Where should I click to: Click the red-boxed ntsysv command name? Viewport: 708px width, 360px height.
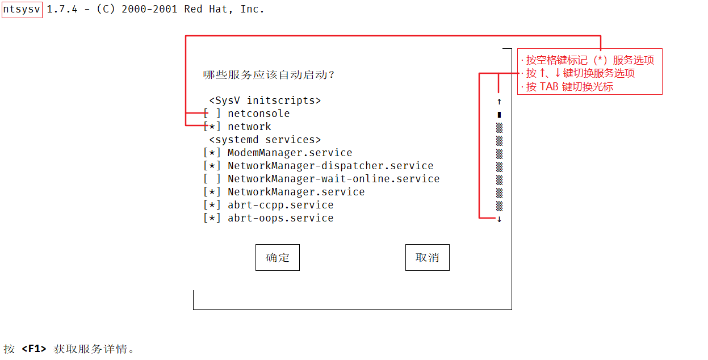point(22,9)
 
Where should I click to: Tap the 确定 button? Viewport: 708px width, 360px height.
point(277,258)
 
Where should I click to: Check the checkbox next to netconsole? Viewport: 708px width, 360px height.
point(212,114)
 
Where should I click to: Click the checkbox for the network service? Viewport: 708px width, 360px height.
point(212,127)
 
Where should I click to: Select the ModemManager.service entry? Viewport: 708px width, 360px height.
point(290,153)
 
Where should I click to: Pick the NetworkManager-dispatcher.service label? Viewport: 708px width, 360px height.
point(330,166)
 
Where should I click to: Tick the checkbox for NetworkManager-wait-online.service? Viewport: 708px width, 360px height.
point(212,179)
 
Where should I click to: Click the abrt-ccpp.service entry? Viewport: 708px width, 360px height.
point(280,205)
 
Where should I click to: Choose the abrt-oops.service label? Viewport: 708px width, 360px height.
point(280,218)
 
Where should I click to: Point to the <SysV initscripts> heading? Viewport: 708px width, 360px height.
point(265,101)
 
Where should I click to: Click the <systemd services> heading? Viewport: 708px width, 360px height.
point(265,140)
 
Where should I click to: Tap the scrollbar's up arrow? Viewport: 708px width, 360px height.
point(499,101)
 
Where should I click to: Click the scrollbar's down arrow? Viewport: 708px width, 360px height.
point(499,219)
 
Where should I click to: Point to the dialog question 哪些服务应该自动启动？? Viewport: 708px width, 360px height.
point(269,74)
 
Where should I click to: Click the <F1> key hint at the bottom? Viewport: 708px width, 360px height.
point(34,349)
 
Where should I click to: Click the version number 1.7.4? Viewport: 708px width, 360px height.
point(62,9)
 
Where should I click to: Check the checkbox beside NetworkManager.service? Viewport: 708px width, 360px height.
point(212,192)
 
